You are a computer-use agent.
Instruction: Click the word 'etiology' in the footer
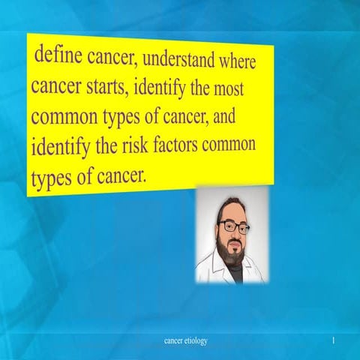tap(196, 341)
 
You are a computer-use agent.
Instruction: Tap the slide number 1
tap(332, 341)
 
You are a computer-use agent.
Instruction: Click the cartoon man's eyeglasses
tap(235, 226)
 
